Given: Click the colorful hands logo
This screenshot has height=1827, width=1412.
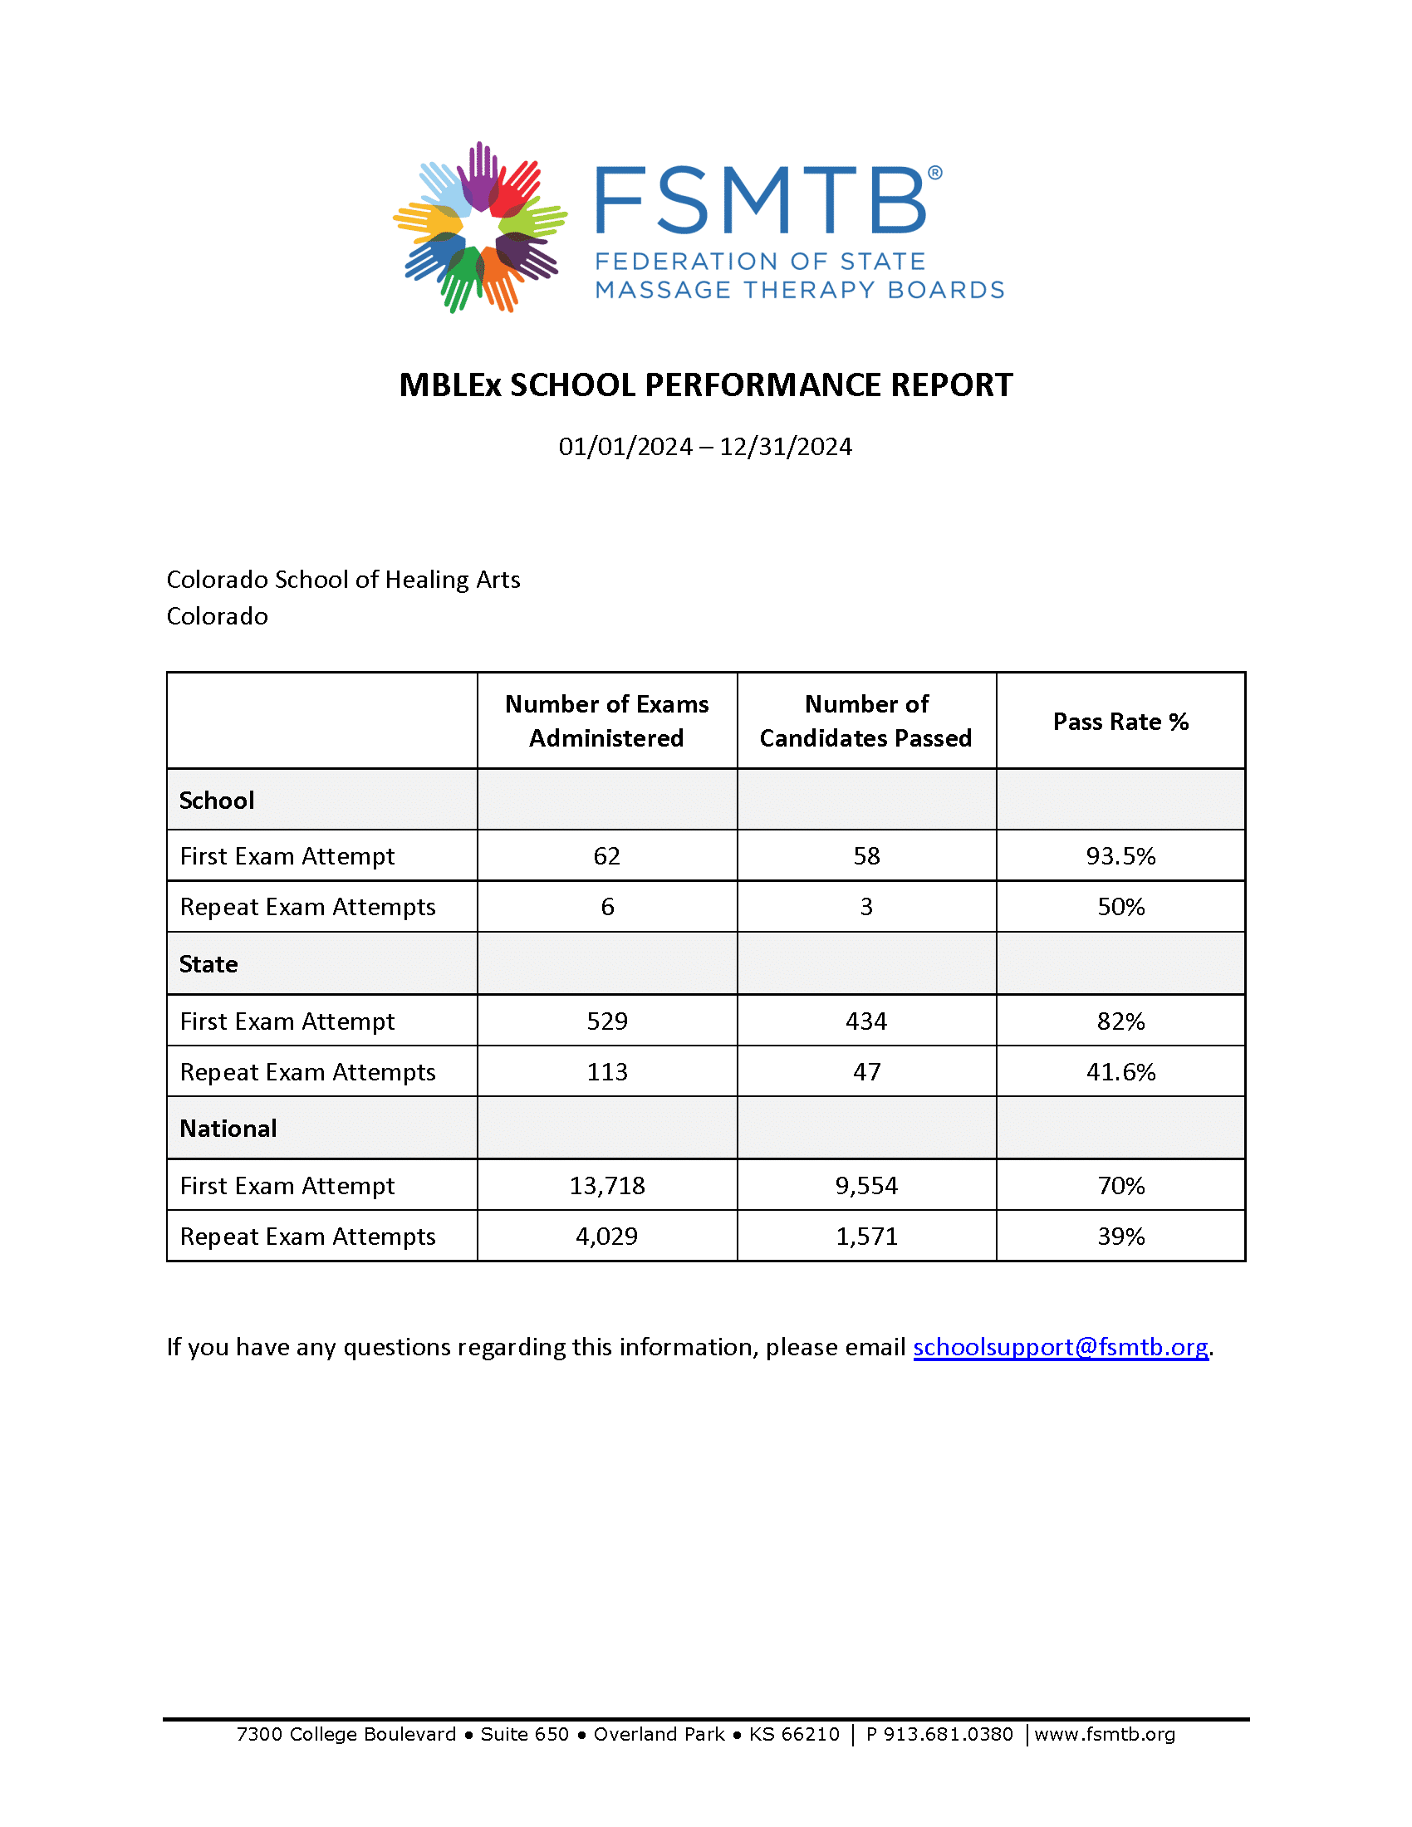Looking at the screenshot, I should pos(479,228).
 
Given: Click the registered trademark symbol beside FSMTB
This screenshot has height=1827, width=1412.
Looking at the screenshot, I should pos(935,174).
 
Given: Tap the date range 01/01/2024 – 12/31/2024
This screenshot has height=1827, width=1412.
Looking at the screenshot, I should pos(705,447).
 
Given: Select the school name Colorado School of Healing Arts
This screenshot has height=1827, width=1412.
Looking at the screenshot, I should pos(343,580).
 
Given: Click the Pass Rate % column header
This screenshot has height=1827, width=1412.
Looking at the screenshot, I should pos(1120,722).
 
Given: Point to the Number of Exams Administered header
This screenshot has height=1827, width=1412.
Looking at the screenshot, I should pos(606,721).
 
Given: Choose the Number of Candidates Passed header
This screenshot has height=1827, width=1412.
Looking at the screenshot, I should pos(865,721).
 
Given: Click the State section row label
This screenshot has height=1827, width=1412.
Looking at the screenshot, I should pos(209,964).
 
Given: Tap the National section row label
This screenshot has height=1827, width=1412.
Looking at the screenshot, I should pos(228,1129).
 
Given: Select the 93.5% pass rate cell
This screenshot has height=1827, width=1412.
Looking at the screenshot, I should pos(1120,855).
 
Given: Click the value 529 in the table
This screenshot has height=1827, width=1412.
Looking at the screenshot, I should pos(606,1021).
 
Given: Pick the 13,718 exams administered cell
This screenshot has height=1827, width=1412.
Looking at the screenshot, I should pos(606,1185).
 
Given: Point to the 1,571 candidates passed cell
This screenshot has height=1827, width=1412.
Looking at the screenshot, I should pos(865,1237).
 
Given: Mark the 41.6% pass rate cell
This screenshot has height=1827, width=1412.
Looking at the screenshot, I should pos(1120,1071).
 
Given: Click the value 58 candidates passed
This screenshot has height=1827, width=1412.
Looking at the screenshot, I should pos(865,855).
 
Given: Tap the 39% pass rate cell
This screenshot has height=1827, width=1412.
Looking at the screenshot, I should pos(1120,1237).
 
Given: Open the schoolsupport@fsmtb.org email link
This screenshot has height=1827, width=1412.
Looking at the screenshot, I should pos(1060,1347).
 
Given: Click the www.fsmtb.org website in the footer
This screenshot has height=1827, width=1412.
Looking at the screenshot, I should pos(1104,1734).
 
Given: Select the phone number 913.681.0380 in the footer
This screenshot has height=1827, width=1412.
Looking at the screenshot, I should pos(948,1734).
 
